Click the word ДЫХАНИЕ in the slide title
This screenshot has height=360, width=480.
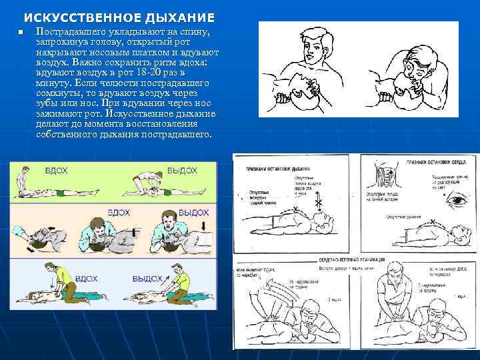click(175, 17)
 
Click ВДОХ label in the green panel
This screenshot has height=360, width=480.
click(57, 171)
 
